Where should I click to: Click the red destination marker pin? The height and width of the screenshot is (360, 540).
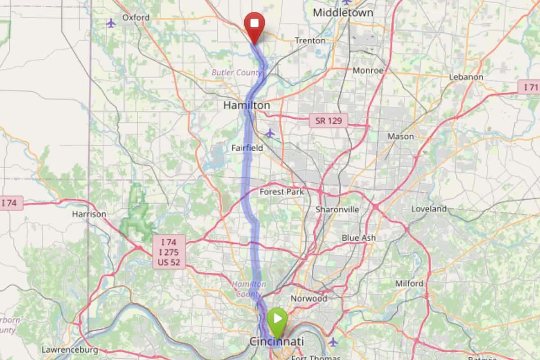(254, 25)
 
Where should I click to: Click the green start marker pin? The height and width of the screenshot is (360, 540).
(277, 320)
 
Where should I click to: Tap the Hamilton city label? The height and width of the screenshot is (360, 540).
(247, 105)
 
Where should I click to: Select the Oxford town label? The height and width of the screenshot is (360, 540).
(135, 18)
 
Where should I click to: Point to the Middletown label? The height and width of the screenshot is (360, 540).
(343, 13)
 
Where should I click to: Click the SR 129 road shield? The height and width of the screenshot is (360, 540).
(328, 121)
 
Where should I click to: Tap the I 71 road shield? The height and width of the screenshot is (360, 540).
(529, 87)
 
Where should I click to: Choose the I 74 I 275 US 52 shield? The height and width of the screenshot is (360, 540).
(169, 252)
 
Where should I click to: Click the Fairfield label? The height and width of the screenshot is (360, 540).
(247, 148)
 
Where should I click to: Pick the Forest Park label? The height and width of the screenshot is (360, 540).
(282, 192)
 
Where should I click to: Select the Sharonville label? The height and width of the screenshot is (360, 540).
(337, 209)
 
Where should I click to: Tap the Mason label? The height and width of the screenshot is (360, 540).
(400, 136)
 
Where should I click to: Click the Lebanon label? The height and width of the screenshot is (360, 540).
(466, 77)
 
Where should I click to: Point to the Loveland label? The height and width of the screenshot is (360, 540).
(429, 209)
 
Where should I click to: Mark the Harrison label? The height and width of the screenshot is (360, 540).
(89, 214)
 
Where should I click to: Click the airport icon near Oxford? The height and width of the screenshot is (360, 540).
(111, 23)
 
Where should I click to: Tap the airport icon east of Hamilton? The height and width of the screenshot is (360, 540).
(270, 133)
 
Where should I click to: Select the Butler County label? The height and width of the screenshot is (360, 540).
(237, 72)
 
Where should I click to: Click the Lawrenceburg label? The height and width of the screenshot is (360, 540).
(69, 350)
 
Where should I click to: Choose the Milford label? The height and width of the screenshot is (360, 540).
(409, 283)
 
